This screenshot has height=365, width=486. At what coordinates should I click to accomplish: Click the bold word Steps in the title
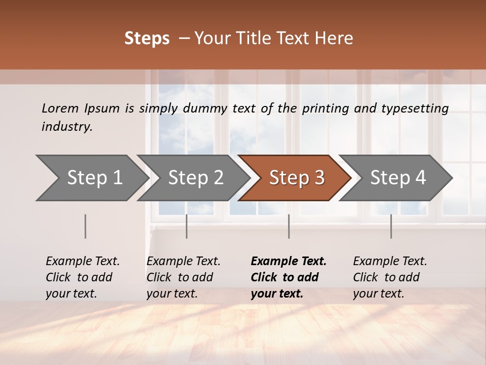pyautogui.click(x=147, y=39)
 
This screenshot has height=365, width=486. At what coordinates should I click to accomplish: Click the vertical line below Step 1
pyautogui.click(x=86, y=226)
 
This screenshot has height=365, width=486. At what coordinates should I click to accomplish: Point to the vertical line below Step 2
pyautogui.click(x=187, y=226)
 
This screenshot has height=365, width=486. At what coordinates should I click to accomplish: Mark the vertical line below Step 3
pyautogui.click(x=289, y=226)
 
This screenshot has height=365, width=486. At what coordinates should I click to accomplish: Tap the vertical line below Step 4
pyautogui.click(x=391, y=226)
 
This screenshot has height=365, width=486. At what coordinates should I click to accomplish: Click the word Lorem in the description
pyautogui.click(x=60, y=108)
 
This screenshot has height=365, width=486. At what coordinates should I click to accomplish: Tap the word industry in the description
pyautogui.click(x=67, y=127)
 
